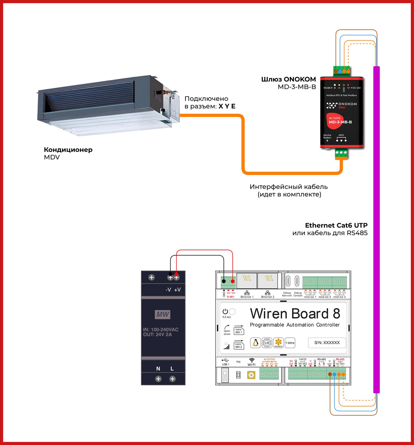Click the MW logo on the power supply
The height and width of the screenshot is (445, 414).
[163, 314]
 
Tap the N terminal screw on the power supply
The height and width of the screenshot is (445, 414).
[158, 379]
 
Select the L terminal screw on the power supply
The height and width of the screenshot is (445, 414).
[173, 379]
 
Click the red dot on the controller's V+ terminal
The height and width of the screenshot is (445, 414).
[233, 281]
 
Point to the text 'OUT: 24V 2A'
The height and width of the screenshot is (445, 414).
[157, 334]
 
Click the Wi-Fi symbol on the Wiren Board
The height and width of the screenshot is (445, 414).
[251, 360]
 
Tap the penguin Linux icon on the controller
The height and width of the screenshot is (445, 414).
[256, 343]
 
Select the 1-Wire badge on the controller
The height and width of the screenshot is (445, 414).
[290, 343]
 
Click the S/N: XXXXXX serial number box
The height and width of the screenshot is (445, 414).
[327, 343]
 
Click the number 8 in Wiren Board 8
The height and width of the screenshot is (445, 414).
[336, 314]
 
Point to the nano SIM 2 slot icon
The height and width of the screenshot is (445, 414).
[238, 345]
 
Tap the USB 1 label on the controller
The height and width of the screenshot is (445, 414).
[225, 364]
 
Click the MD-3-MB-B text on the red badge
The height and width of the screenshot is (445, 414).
[340, 122]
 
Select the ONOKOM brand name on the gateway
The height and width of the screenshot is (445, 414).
[347, 104]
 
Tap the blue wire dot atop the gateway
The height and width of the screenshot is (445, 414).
[340, 71]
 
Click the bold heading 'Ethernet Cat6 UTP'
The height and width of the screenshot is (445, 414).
[336, 225]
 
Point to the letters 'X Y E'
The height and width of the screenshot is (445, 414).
[227, 106]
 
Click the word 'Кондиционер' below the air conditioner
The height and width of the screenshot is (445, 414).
[68, 150]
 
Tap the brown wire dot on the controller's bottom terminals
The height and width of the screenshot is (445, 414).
[330, 374]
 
